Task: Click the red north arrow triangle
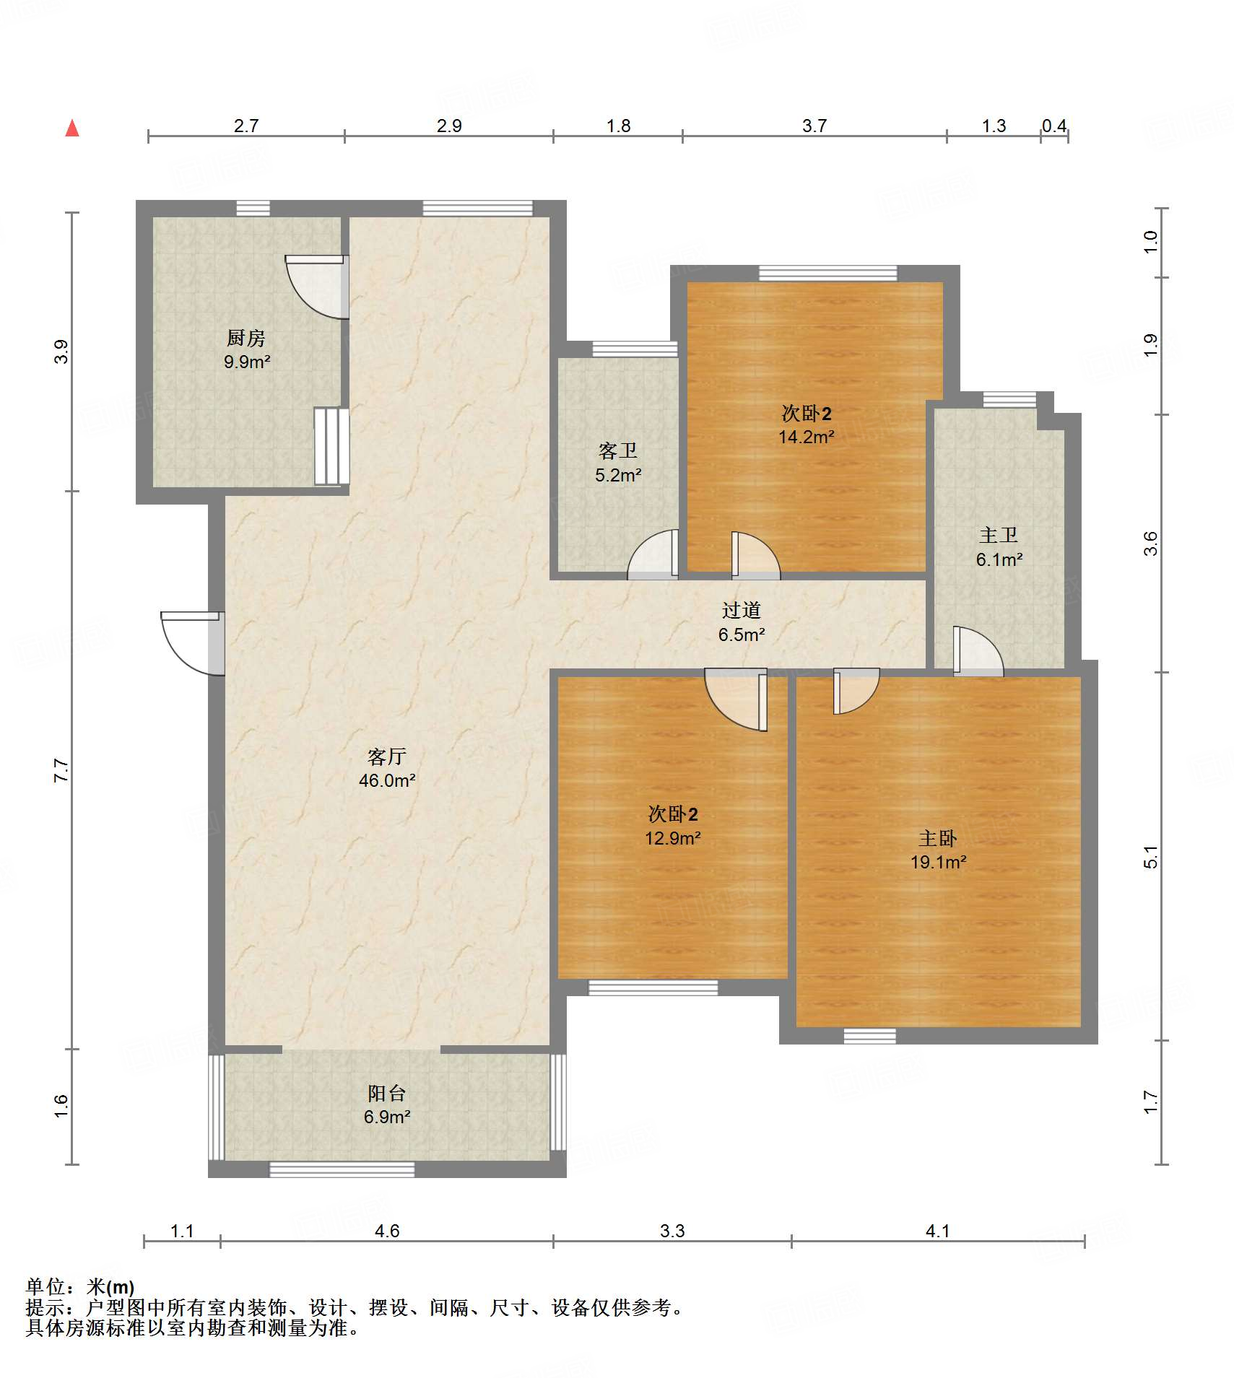click(72, 128)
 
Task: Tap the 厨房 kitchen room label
click(246, 337)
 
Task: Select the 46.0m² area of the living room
click(387, 780)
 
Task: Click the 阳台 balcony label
click(387, 1093)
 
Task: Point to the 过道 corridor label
click(742, 610)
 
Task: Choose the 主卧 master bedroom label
click(938, 838)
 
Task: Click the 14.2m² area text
click(807, 437)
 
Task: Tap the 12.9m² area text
click(673, 838)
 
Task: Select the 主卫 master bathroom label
click(999, 535)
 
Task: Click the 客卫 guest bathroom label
click(618, 451)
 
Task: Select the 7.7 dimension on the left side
click(61, 770)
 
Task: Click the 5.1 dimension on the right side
click(1151, 857)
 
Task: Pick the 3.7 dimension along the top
click(814, 126)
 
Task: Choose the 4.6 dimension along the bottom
click(387, 1231)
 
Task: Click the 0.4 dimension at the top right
click(1054, 126)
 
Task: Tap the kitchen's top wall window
click(253, 209)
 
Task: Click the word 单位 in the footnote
click(45, 1287)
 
